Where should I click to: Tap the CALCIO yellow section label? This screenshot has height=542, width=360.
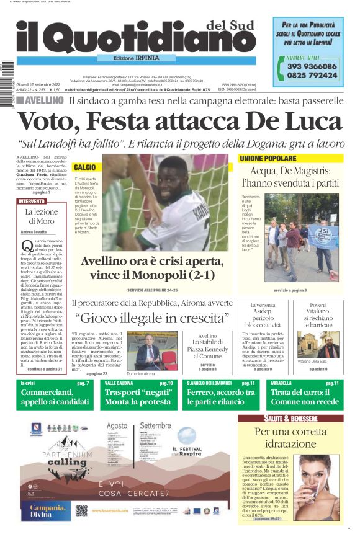84,167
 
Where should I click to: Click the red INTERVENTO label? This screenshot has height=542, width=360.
32,202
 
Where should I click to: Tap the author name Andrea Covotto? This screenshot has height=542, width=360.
34,232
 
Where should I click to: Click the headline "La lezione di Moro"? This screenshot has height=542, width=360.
40,216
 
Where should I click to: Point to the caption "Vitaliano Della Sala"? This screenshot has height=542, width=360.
317,361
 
